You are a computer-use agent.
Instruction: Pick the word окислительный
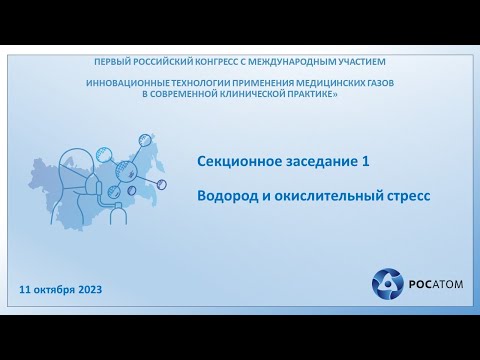pos(328,196)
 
